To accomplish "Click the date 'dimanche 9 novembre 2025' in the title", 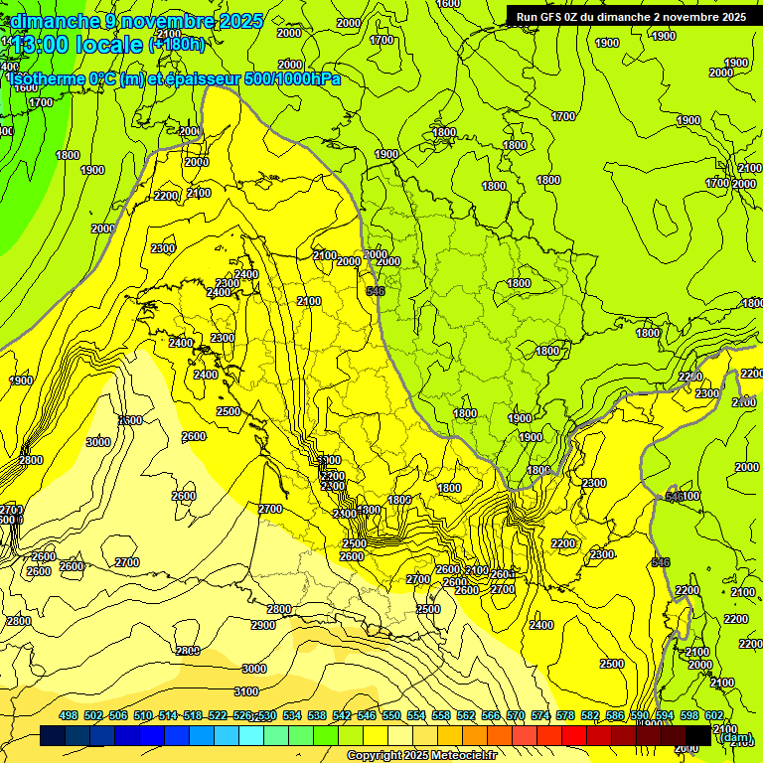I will coord(137,20).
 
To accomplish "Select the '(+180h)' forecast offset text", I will coord(177,44).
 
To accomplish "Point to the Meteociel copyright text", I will coord(421,756).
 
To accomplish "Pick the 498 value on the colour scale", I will coord(69,715).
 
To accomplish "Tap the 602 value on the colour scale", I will coord(713,715).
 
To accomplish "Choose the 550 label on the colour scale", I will coord(391,715).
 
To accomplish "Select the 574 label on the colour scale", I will coord(540,715).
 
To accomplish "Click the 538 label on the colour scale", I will coord(317,715).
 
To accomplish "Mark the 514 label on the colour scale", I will coord(168,715).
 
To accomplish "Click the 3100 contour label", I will coord(245,691).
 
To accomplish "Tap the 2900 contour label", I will coord(263,625).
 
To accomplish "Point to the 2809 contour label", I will coord(188,651).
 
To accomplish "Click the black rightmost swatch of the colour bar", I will coord(698,736).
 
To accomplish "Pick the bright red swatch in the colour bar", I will coord(574,736).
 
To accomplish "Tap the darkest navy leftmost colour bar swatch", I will coord(53,736).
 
